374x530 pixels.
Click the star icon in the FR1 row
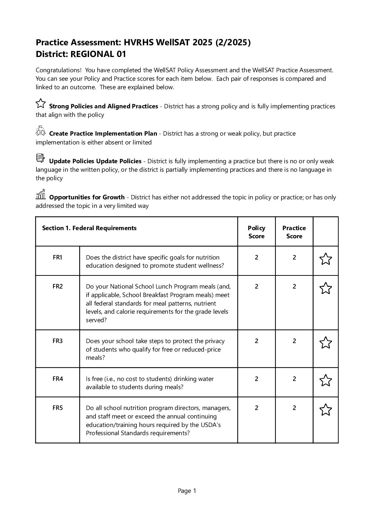pyautogui.click(x=326, y=259)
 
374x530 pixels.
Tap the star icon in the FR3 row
pyautogui.click(x=326, y=343)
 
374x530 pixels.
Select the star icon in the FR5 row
pyautogui.click(x=326, y=410)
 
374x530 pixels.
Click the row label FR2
pyautogui.click(x=58, y=286)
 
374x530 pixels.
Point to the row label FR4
pyautogui.click(x=58, y=379)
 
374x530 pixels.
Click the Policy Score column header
pyautogui.click(x=256, y=232)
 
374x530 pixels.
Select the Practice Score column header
pyautogui.click(x=294, y=232)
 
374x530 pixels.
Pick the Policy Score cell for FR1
pyautogui.click(x=256, y=257)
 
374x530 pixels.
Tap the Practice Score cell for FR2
pyautogui.click(x=294, y=286)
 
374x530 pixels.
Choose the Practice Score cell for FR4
pyautogui.click(x=294, y=379)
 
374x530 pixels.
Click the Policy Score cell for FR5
pyautogui.click(x=256, y=408)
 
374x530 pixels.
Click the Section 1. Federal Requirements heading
pyautogui.click(x=89, y=228)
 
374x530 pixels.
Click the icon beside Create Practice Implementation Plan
pyautogui.click(x=41, y=131)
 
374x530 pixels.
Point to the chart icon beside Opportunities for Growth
pyautogui.click(x=41, y=194)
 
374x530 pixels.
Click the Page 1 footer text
pyautogui.click(x=187, y=491)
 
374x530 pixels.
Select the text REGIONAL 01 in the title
pyautogui.click(x=98, y=54)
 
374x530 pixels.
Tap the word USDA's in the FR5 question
pyautogui.click(x=211, y=425)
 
